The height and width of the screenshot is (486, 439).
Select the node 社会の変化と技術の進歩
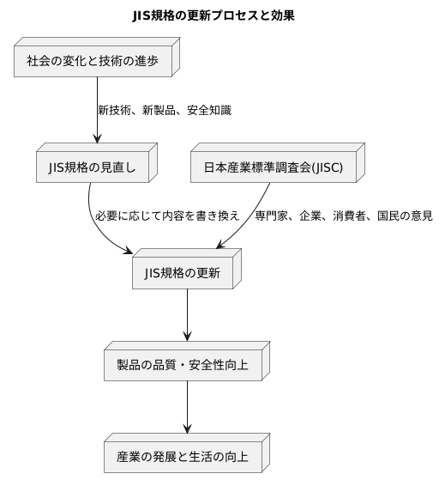[92, 61]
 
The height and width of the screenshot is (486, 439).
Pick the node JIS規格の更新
[183, 274]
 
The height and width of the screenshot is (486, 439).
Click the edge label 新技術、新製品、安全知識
[164, 111]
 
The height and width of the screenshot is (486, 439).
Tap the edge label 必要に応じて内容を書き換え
[167, 216]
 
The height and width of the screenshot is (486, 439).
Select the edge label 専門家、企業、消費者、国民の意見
[343, 216]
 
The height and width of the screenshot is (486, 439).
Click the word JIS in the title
[142, 15]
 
